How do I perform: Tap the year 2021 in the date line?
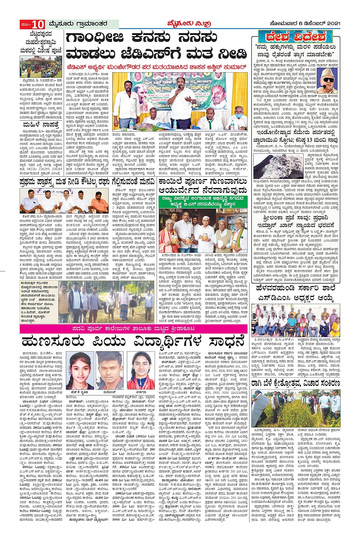pos(331,24)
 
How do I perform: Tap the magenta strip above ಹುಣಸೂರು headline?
pos(133,328)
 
